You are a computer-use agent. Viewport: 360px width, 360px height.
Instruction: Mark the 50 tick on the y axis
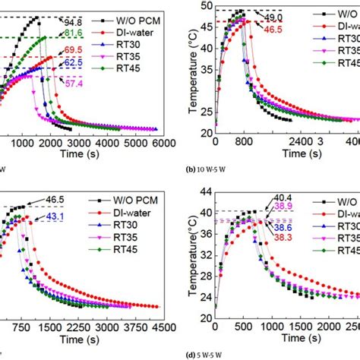pyautogui.click(x=207, y=7)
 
